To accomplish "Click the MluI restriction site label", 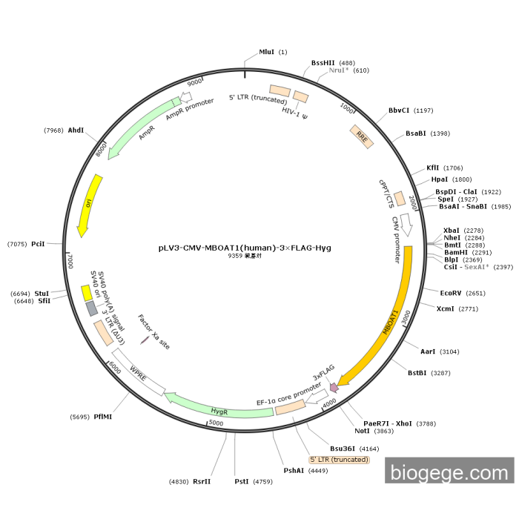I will pyautogui.click(x=266, y=52).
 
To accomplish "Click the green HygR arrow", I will pyautogui.click(x=219, y=409).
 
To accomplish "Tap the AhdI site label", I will pyautogui.click(x=76, y=130).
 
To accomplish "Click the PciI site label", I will pyautogui.click(x=39, y=243).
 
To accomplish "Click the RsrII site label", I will pyautogui.click(x=202, y=481).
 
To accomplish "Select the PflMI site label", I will pyautogui.click(x=103, y=417).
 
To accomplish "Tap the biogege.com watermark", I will pyautogui.click(x=449, y=472).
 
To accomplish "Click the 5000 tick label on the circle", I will pyautogui.click(x=216, y=423).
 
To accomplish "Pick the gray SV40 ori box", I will pyautogui.click(x=91, y=308).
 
